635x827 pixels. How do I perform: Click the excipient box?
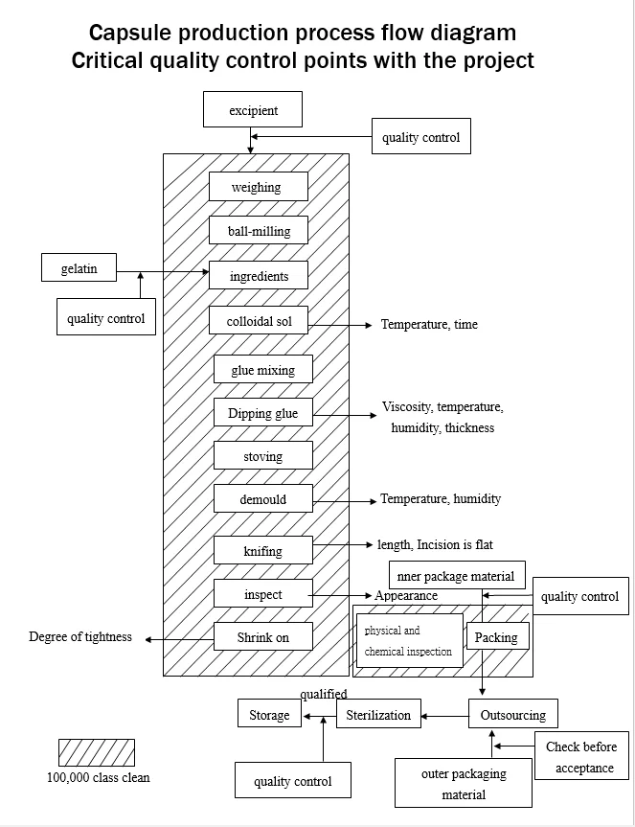253,109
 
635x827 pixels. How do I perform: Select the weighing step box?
258,187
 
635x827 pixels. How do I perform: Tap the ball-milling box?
259,231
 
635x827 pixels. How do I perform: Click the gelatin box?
79,267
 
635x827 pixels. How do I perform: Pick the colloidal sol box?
259,320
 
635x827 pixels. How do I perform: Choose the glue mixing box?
262,370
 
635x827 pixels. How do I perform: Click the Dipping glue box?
262,413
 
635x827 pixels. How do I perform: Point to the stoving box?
262,456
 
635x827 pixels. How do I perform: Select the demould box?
262,499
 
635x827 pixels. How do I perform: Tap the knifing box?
262,550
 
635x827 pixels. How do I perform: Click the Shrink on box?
262,636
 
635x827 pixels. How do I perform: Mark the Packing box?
496,636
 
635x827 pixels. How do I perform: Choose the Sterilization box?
378,714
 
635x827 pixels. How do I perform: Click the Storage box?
269,714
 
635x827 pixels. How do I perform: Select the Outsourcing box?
512,714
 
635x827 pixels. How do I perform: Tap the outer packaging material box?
464,783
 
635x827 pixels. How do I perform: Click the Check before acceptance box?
580,757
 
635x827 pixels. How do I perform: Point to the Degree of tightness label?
80,637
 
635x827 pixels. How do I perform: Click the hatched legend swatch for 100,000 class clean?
97,752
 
